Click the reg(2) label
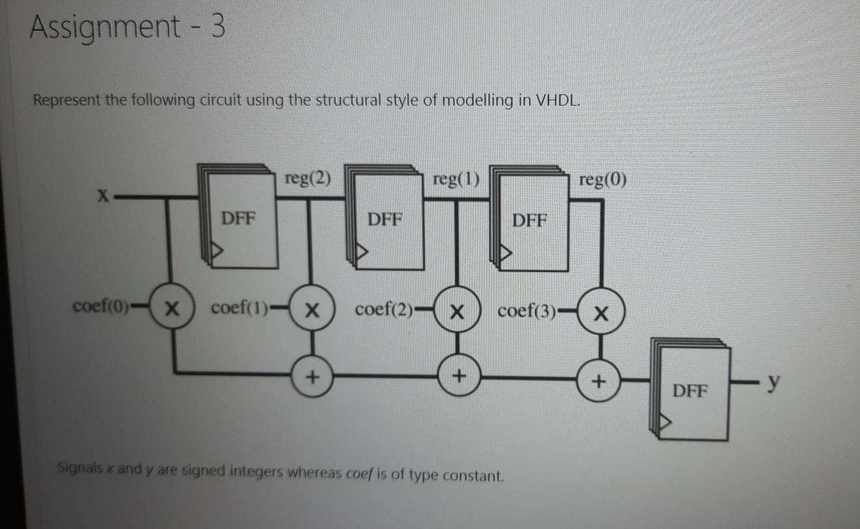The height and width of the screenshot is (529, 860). [307, 179]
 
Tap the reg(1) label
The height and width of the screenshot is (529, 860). [455, 179]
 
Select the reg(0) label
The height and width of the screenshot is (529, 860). [603, 179]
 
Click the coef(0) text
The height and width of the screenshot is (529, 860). [102, 305]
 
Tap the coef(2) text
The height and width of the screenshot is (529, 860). [384, 309]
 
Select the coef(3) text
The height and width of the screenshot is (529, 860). [527, 311]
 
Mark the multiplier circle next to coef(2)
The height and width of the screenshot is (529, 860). [457, 311]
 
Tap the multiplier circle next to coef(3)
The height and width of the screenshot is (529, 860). [601, 314]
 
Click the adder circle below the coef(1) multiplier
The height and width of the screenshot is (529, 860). [313, 376]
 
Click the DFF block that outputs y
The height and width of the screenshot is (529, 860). [690, 392]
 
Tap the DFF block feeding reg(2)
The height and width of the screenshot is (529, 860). [240, 218]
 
